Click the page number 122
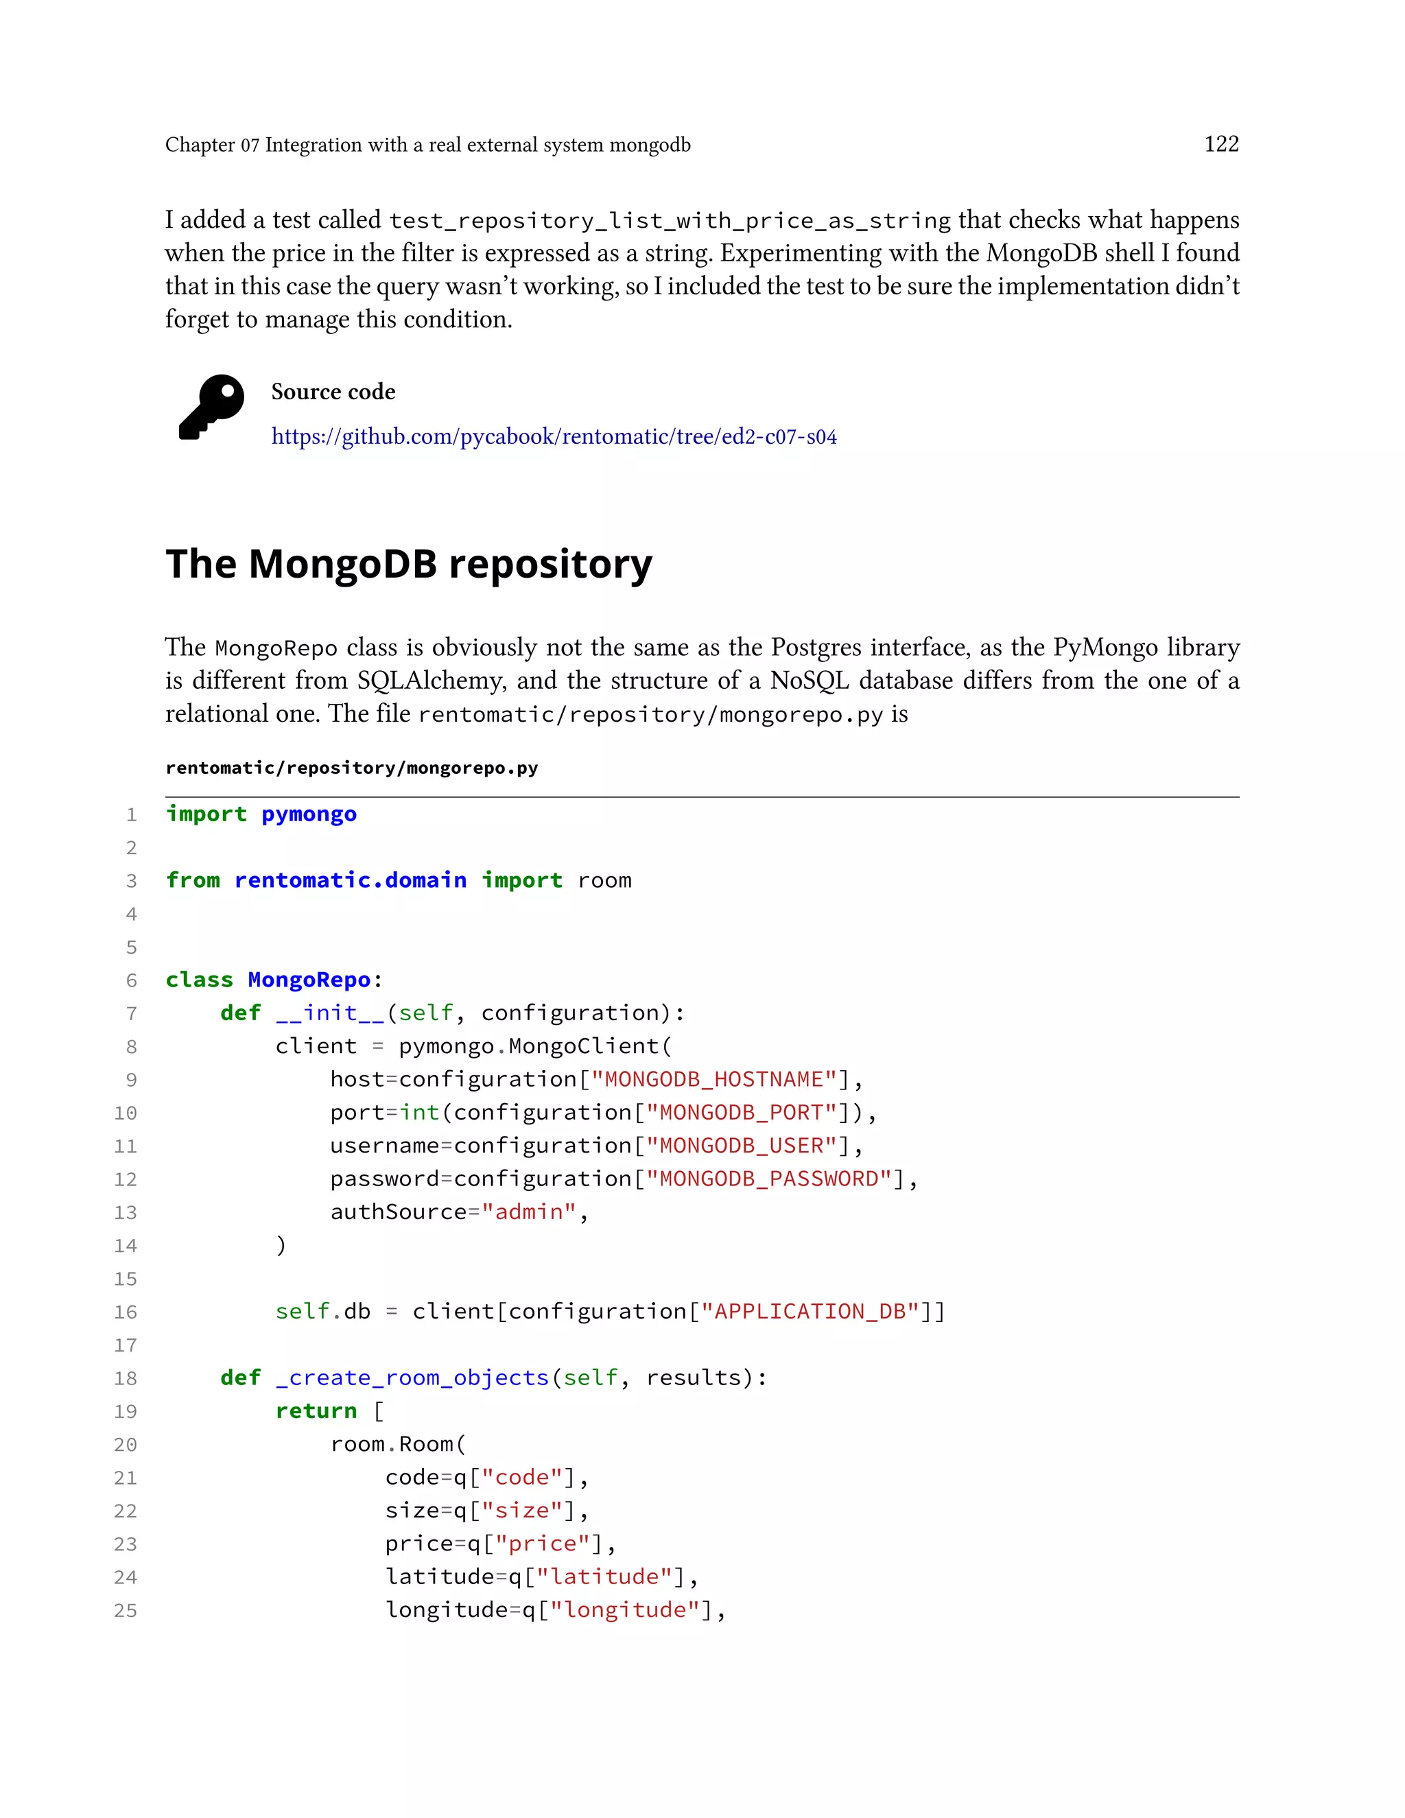click(1221, 144)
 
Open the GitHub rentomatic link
click(554, 437)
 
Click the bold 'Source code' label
click(333, 392)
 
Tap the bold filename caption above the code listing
click(351, 768)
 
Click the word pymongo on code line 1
click(309, 814)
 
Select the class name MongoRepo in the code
click(309, 980)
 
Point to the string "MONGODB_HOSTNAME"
click(719, 1080)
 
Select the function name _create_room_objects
click(412, 1378)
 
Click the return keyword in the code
click(316, 1411)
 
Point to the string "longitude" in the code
click(624, 1610)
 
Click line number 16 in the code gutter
click(126, 1312)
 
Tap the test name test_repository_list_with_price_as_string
click(669, 221)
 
